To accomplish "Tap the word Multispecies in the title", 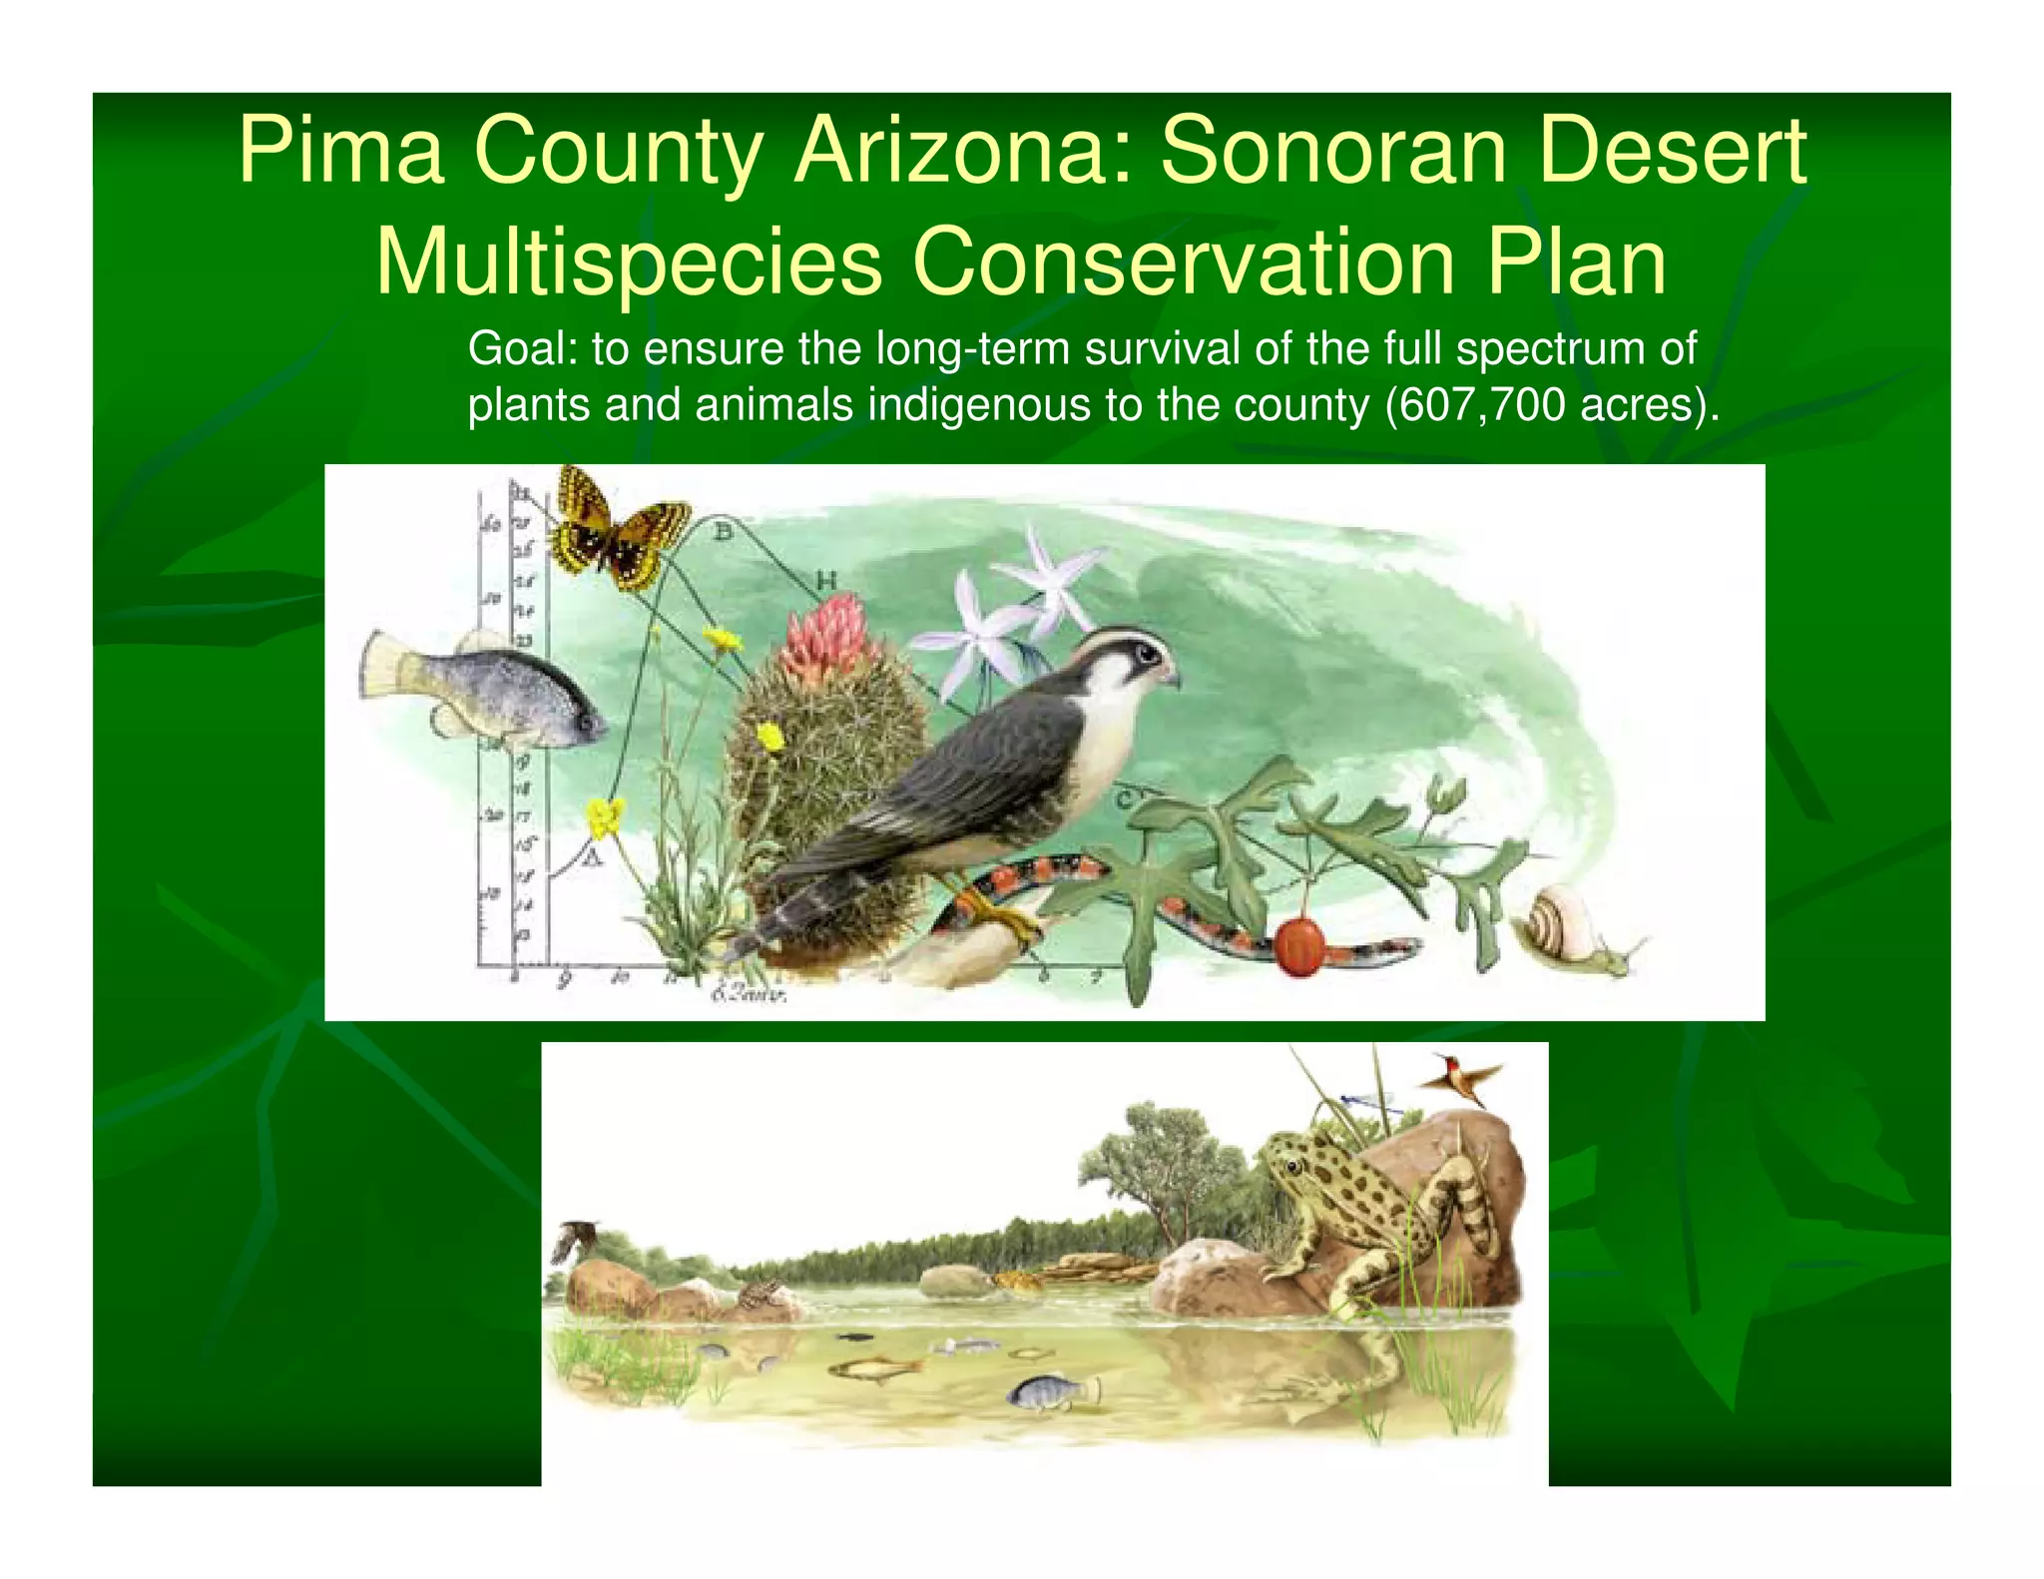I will pyautogui.click(x=629, y=262).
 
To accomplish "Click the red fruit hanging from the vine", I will pyautogui.click(x=1300, y=945).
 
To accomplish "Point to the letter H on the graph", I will pyautogui.click(x=826, y=580).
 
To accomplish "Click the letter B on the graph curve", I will pyautogui.click(x=723, y=531).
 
